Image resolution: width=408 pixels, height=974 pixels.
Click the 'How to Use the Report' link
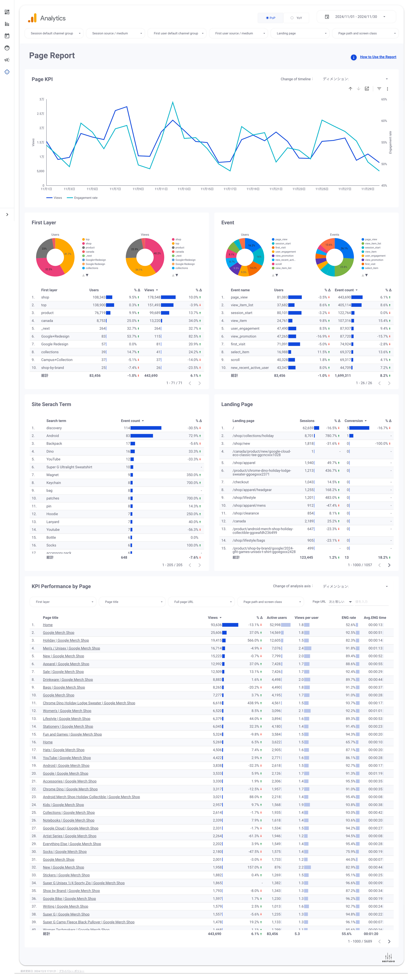coord(378,57)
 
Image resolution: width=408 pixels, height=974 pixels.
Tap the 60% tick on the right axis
coord(384,121)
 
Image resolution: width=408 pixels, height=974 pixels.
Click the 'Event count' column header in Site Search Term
coord(131,421)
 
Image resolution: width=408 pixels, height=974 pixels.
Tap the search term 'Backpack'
coord(54,444)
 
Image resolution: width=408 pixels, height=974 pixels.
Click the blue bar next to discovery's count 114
coord(146,428)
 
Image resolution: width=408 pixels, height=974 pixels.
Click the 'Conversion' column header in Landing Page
coord(353,421)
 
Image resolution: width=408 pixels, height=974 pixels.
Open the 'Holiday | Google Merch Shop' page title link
coord(66,641)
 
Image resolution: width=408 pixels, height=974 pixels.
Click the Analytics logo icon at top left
coord(32,18)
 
